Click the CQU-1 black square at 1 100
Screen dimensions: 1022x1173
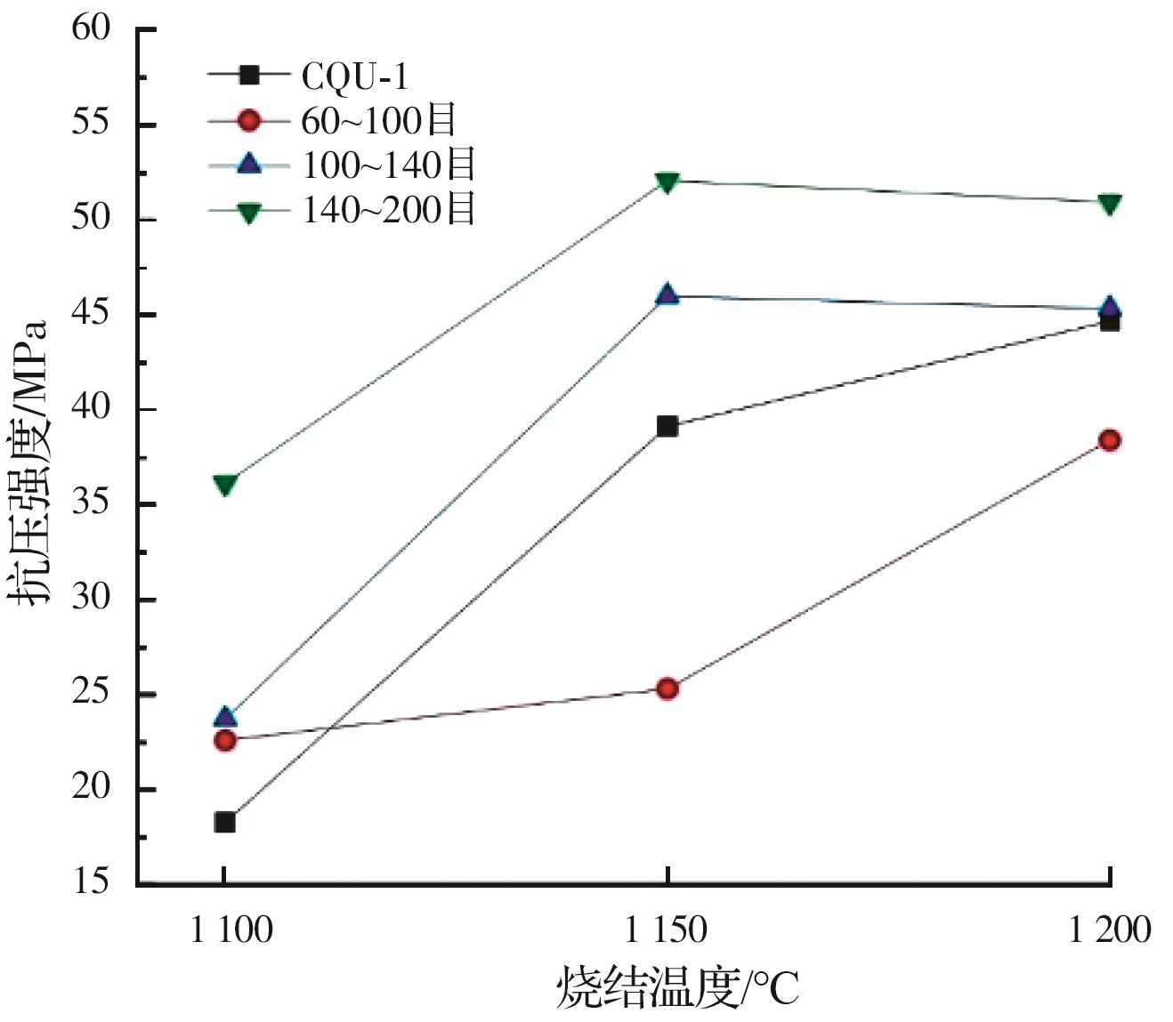(x=225, y=822)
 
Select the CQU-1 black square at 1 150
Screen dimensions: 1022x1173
(x=667, y=426)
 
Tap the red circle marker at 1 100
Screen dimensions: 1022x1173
(x=225, y=739)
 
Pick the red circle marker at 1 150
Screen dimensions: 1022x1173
(x=667, y=688)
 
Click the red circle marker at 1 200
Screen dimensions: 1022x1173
(x=1109, y=440)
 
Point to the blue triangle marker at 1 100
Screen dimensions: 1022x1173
(x=225, y=717)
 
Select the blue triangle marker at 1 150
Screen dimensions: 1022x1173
(x=667, y=294)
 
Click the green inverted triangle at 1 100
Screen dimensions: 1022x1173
(x=225, y=485)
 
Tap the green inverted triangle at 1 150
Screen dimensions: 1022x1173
(x=667, y=182)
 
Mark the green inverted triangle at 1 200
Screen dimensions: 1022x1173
(x=1109, y=204)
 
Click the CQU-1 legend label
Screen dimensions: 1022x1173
(x=355, y=76)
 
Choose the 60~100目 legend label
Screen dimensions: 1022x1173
(x=378, y=120)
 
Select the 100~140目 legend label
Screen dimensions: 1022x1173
(x=389, y=165)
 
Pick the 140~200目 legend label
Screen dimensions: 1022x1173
(x=389, y=210)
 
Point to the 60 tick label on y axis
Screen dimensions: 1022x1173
(x=92, y=28)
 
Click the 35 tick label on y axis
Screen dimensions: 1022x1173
(x=92, y=503)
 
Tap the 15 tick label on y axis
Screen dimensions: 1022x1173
(x=92, y=881)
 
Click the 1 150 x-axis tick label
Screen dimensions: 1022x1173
(x=667, y=930)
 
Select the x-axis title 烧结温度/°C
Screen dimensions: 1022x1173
(x=677, y=987)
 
